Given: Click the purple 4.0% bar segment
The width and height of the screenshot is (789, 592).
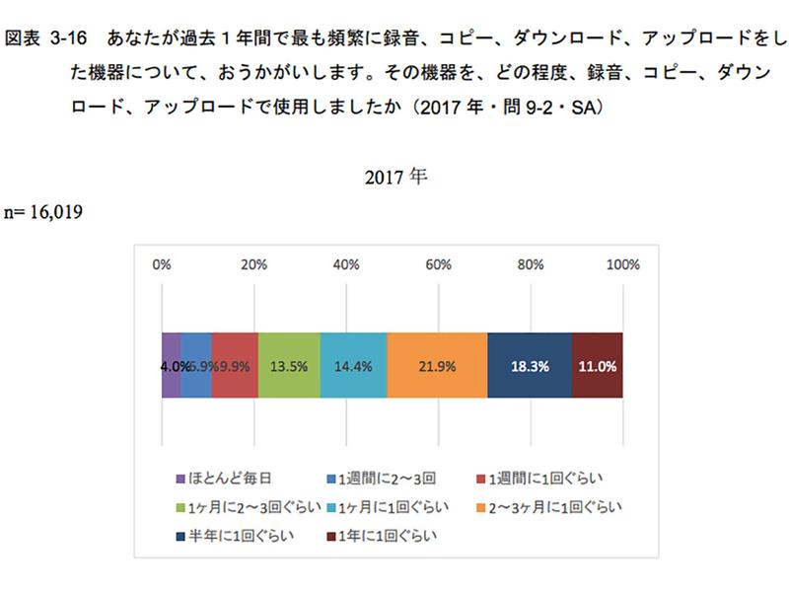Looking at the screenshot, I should click(171, 365).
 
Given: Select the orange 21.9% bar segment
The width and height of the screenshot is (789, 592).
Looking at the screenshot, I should click(437, 365).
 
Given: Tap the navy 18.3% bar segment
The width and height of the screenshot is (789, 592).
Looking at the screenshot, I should click(530, 365).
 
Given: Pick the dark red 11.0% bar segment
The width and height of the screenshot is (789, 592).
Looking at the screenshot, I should click(598, 365).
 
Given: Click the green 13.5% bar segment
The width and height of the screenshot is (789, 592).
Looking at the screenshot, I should click(289, 365).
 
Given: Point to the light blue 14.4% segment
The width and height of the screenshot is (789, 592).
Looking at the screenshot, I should click(354, 365).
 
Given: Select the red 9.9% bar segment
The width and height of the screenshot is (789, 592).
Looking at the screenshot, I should click(235, 365).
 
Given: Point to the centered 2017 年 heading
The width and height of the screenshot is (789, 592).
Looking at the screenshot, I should click(394, 179).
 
